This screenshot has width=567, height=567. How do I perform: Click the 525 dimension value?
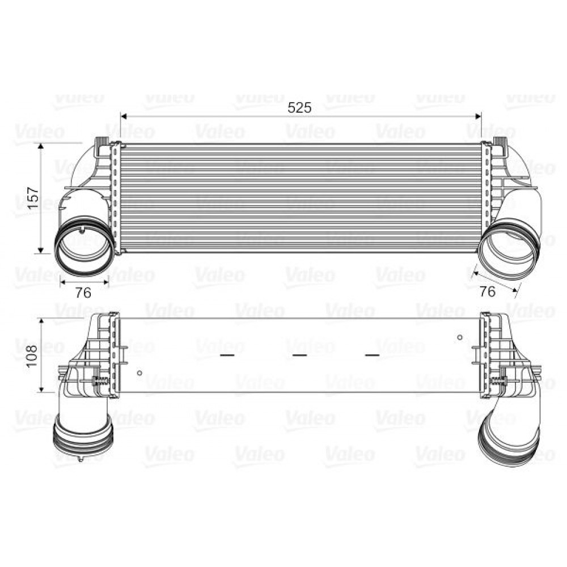300,108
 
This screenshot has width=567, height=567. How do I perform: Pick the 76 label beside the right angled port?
488,291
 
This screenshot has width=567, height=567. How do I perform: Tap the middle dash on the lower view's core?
299,356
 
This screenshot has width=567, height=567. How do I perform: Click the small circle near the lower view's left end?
139,373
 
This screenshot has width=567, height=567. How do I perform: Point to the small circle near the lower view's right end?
460,338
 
